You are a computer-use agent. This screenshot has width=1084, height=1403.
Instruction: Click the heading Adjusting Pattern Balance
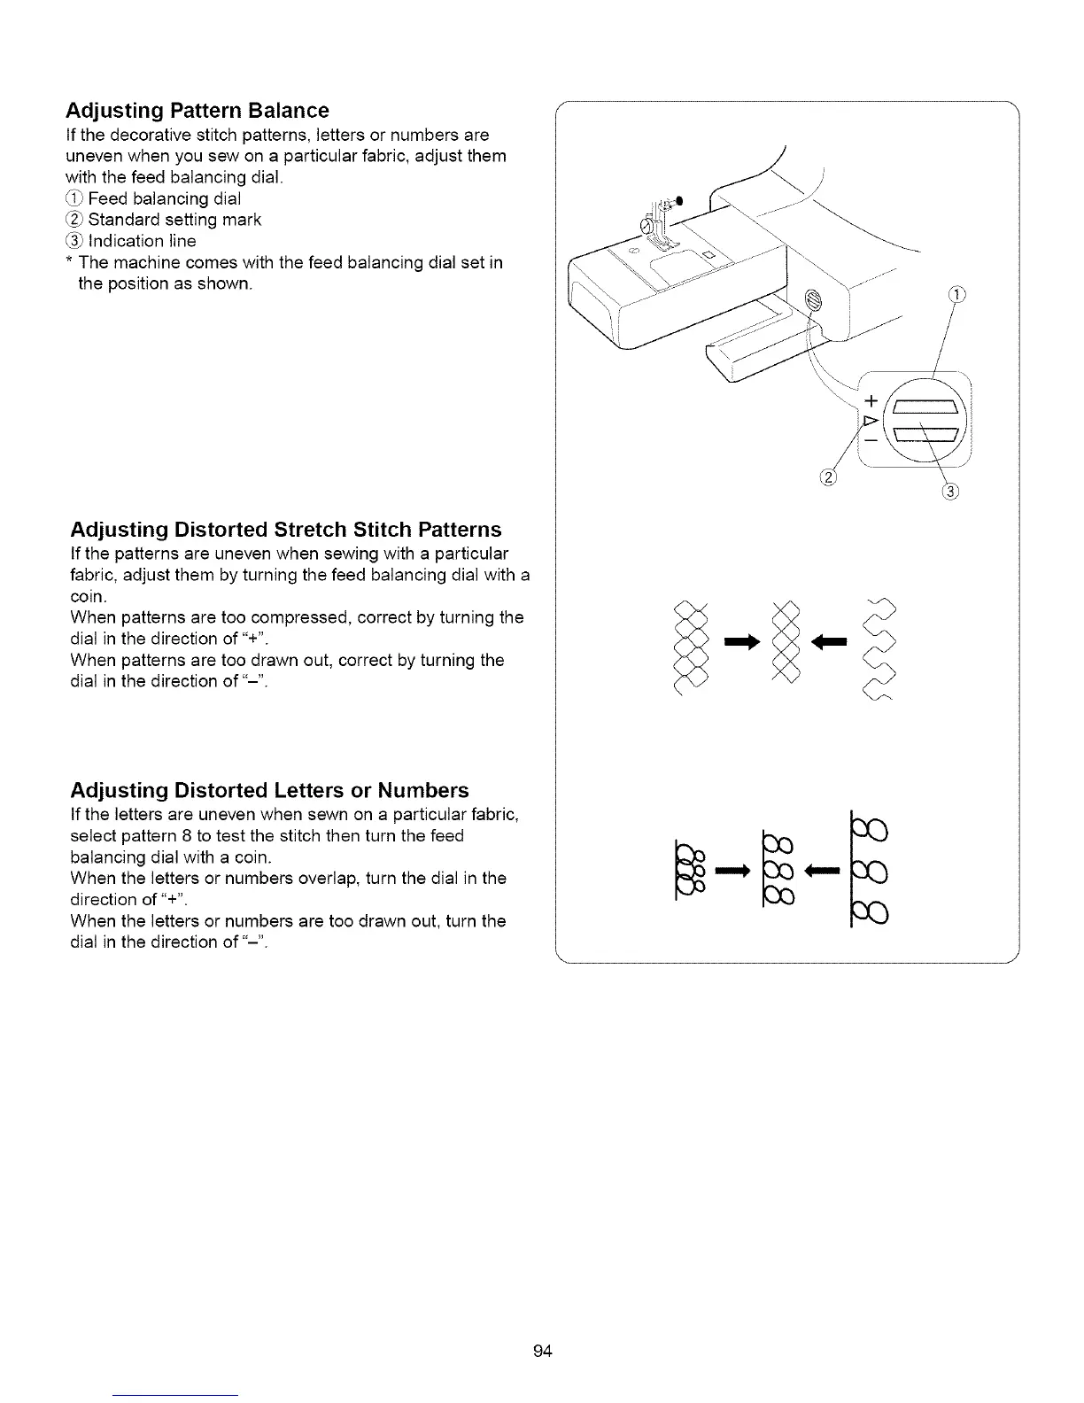pyautogui.click(x=197, y=111)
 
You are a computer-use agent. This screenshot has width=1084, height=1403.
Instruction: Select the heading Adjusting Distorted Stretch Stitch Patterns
pyautogui.click(x=285, y=530)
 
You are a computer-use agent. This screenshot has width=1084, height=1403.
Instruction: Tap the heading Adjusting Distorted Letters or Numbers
pyautogui.click(x=269, y=790)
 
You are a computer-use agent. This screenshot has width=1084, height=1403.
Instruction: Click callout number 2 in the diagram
pyautogui.click(x=829, y=480)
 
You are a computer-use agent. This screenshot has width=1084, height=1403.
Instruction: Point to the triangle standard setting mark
pyautogui.click(x=869, y=419)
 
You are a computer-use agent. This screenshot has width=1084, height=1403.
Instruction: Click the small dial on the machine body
pyautogui.click(x=814, y=304)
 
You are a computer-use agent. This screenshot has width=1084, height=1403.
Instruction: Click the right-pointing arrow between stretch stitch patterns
pyautogui.click(x=742, y=643)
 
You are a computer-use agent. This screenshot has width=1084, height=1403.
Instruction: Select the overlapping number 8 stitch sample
pyautogui.click(x=691, y=870)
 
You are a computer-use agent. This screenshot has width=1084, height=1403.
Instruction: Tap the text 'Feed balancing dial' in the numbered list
pyautogui.click(x=164, y=198)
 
